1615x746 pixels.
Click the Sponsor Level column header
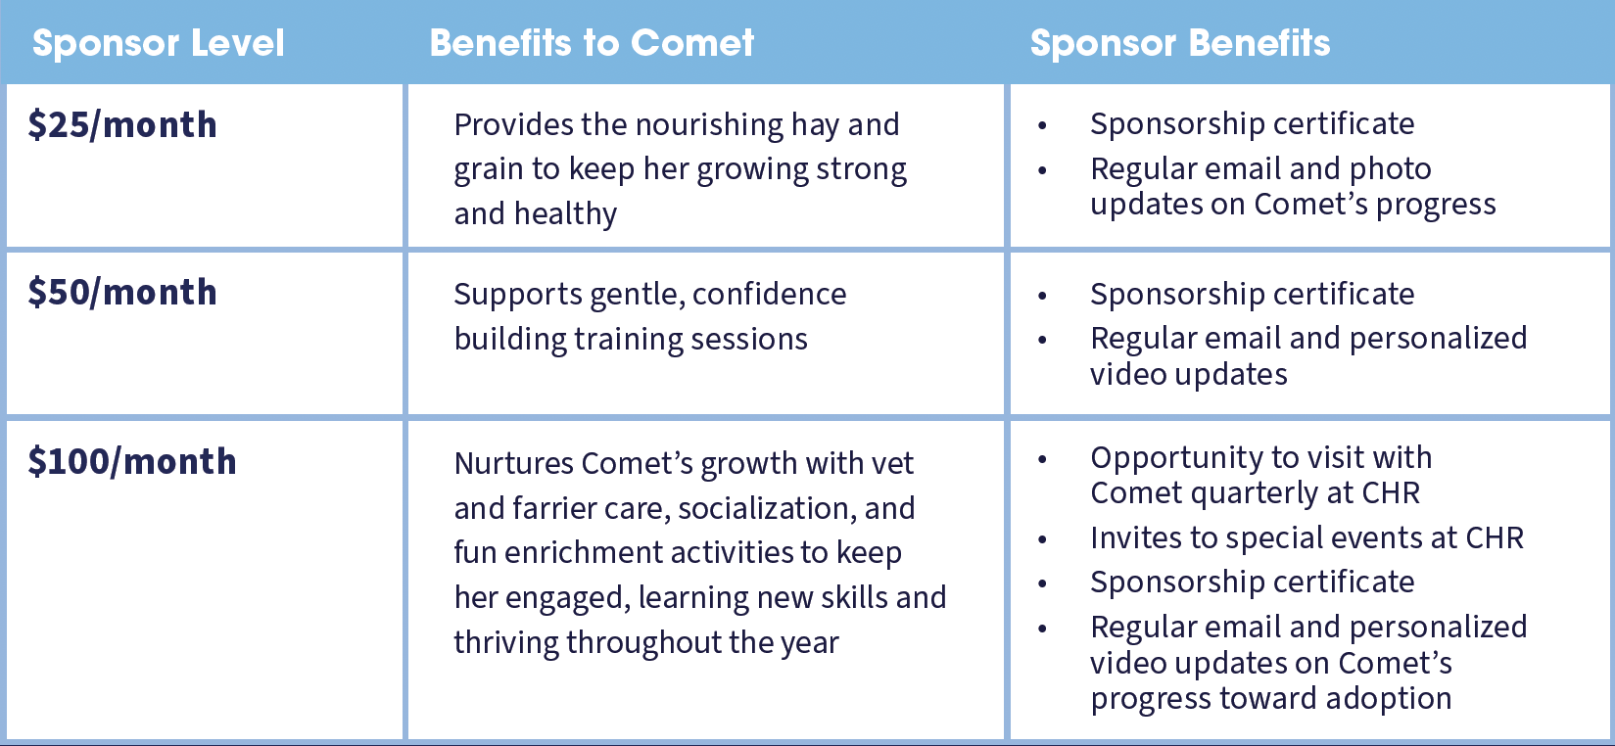[x=159, y=43]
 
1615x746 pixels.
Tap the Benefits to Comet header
[x=592, y=42]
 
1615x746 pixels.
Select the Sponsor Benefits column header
[x=1180, y=43]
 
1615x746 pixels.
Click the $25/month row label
[x=122, y=124]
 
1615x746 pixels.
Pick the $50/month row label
[x=122, y=292]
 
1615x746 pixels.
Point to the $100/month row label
[x=132, y=461]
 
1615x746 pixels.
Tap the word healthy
[x=566, y=214]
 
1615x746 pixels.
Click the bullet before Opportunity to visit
[x=1042, y=459]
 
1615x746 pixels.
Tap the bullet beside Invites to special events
[x=1042, y=539]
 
